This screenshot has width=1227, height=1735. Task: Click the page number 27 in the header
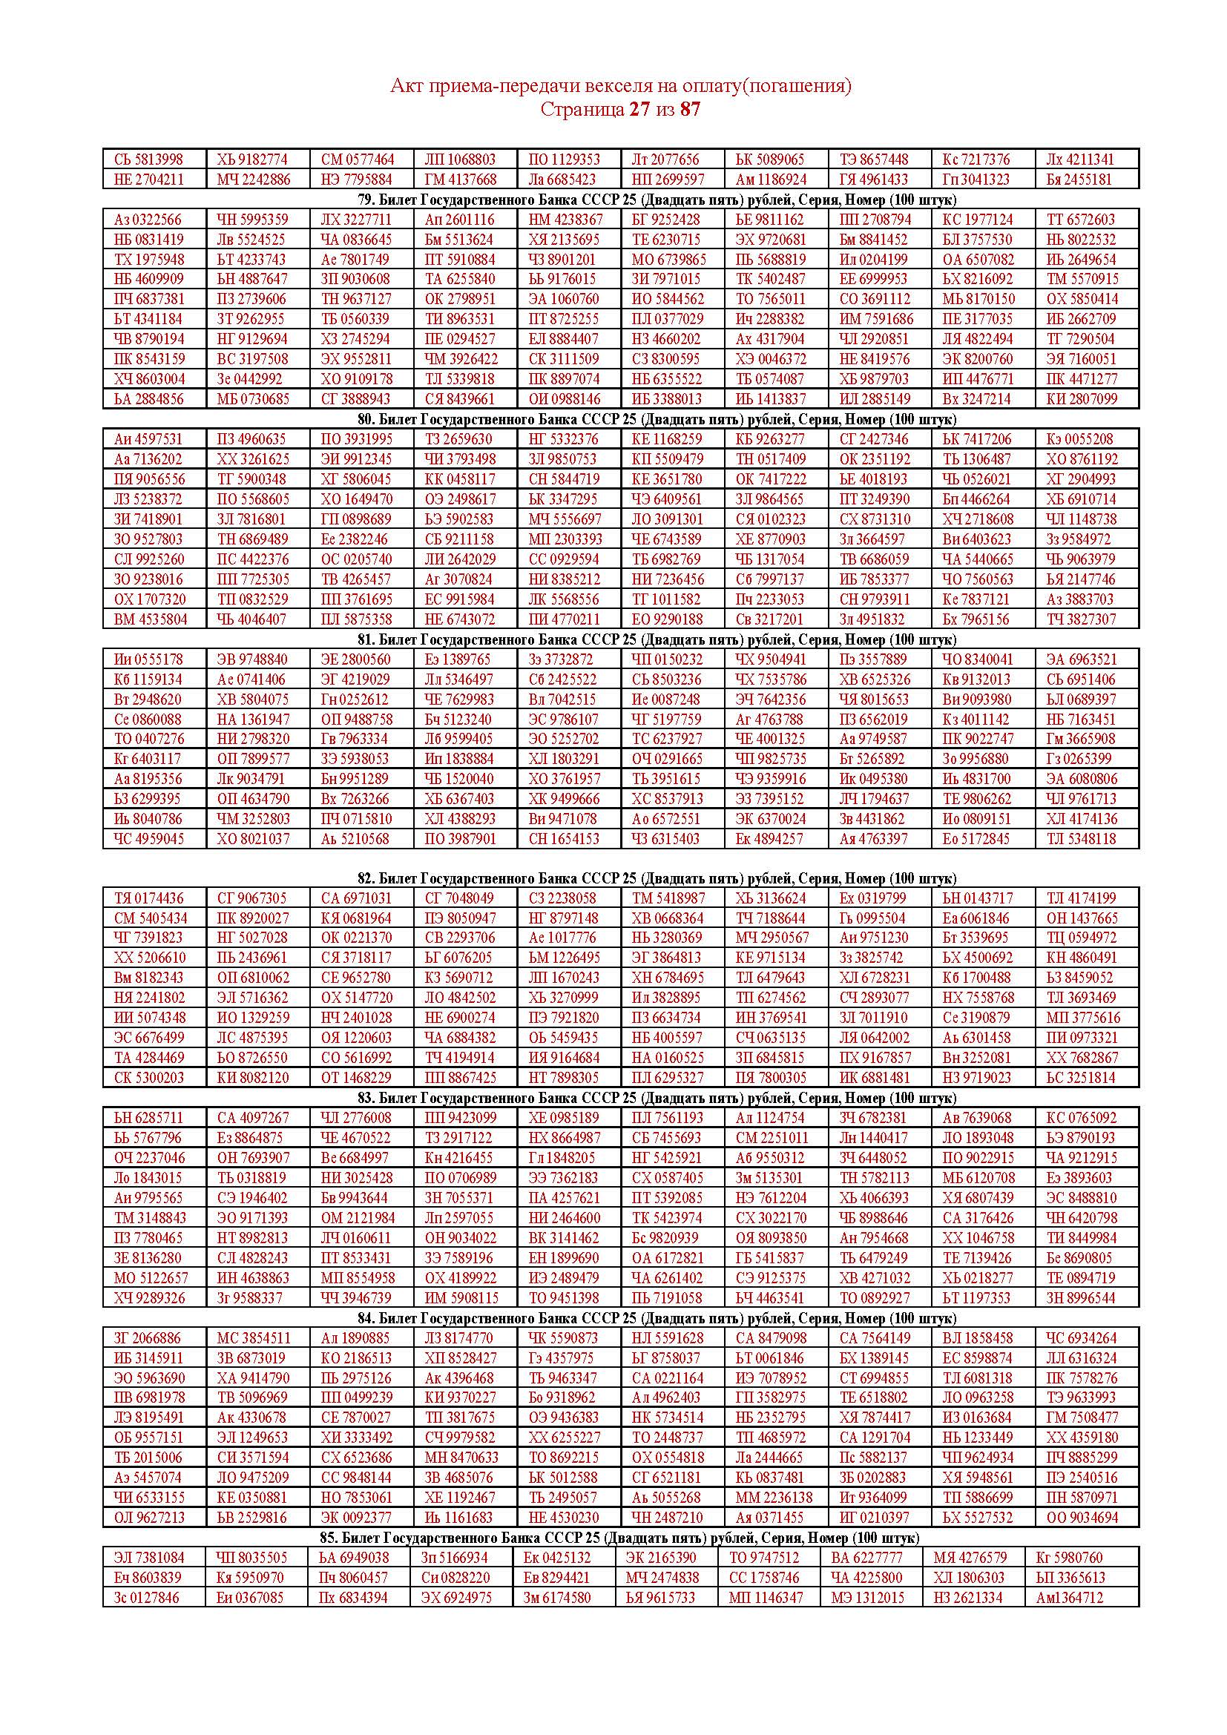click(639, 110)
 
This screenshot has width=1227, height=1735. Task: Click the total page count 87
click(690, 110)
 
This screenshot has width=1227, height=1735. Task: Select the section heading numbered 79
click(657, 200)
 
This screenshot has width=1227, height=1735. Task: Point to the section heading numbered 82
click(657, 878)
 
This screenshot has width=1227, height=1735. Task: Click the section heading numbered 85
click(619, 1538)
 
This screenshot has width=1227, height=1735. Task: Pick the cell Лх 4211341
click(1079, 159)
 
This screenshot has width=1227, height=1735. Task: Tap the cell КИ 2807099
click(1081, 399)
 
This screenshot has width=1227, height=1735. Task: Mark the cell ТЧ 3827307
click(1081, 619)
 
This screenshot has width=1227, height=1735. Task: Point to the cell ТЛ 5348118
click(1081, 839)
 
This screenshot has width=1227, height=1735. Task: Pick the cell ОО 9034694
click(1081, 1518)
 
